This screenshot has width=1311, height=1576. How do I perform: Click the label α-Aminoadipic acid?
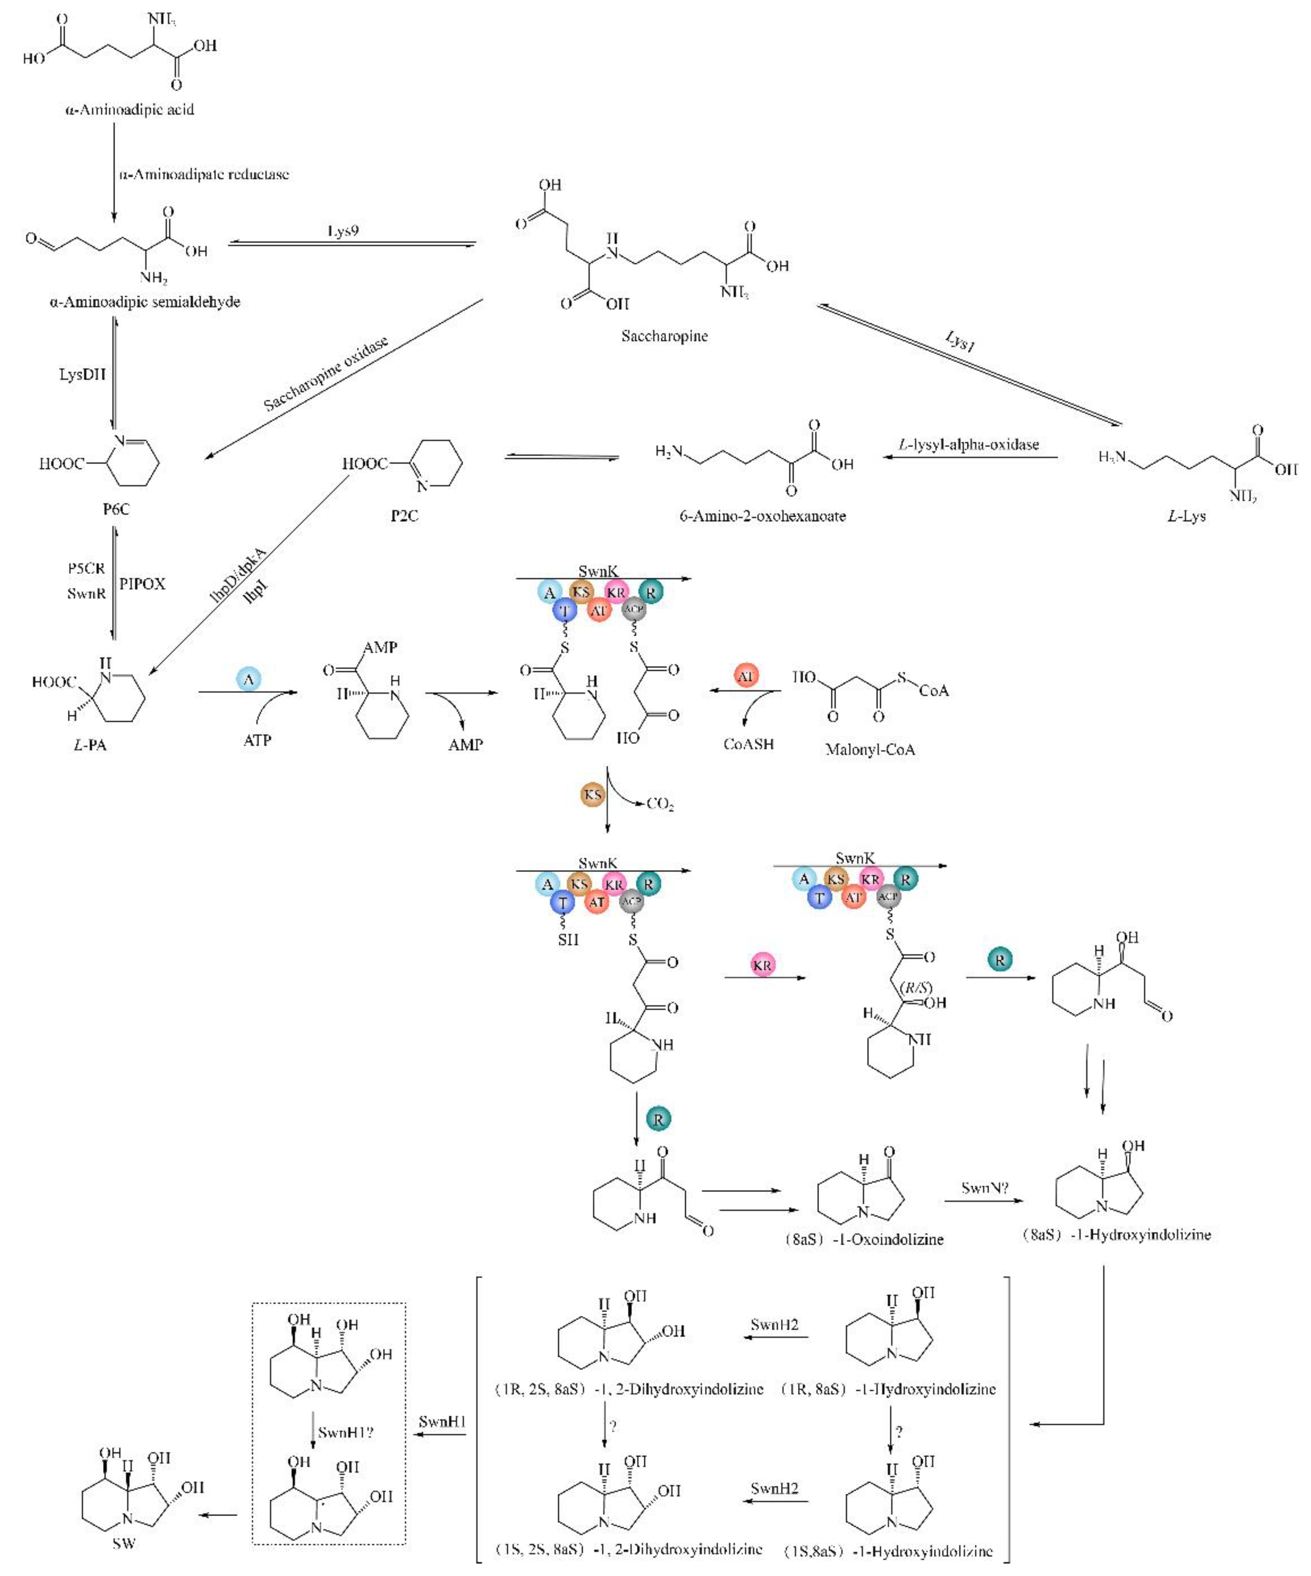click(129, 110)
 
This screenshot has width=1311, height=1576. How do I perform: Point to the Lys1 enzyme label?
click(960, 342)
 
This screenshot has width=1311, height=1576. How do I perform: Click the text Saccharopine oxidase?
click(326, 374)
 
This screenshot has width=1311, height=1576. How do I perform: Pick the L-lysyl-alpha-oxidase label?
click(969, 444)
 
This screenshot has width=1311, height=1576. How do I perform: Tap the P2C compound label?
click(404, 516)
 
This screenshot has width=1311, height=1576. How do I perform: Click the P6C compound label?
click(116, 509)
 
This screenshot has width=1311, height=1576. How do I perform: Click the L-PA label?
click(90, 745)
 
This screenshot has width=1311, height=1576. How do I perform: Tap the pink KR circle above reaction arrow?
click(762, 965)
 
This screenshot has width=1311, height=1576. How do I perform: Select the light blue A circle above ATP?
click(249, 680)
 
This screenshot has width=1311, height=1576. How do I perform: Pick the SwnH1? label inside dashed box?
click(346, 1432)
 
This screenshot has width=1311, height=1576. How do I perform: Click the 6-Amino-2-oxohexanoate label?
click(762, 516)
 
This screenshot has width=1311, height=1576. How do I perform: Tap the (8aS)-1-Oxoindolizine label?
click(864, 1239)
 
